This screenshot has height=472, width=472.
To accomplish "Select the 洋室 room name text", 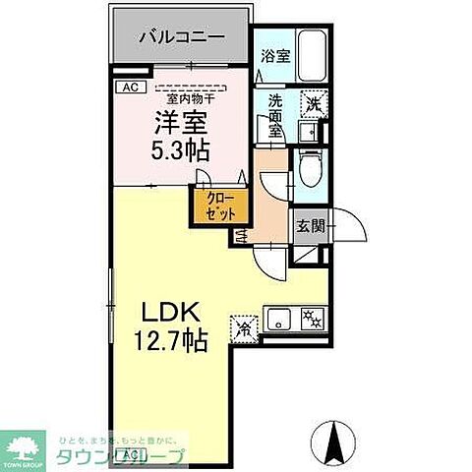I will click(x=179, y=123).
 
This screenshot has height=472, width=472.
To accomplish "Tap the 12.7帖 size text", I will click(x=170, y=341).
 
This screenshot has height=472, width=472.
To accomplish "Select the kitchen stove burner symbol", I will click(x=314, y=318).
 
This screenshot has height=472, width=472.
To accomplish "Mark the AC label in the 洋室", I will click(x=129, y=88).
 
